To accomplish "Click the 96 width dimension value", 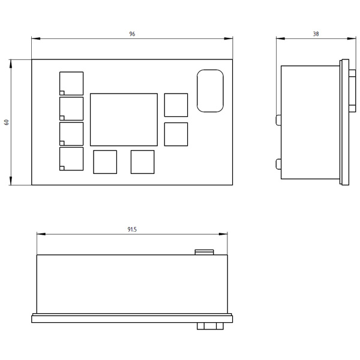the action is click(x=132, y=34).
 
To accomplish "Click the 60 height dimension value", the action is click(x=7, y=122).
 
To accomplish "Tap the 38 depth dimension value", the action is click(x=316, y=34).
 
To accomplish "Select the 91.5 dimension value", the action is click(x=132, y=229).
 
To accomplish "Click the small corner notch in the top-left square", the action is click(x=62, y=93).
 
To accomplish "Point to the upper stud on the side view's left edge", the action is click(x=278, y=120).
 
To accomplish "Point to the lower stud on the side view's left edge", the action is click(x=278, y=164).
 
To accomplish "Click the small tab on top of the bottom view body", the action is click(x=205, y=253).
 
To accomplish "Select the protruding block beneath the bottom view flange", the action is click(x=210, y=326).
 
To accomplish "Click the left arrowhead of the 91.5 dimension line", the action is click(x=41, y=234).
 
